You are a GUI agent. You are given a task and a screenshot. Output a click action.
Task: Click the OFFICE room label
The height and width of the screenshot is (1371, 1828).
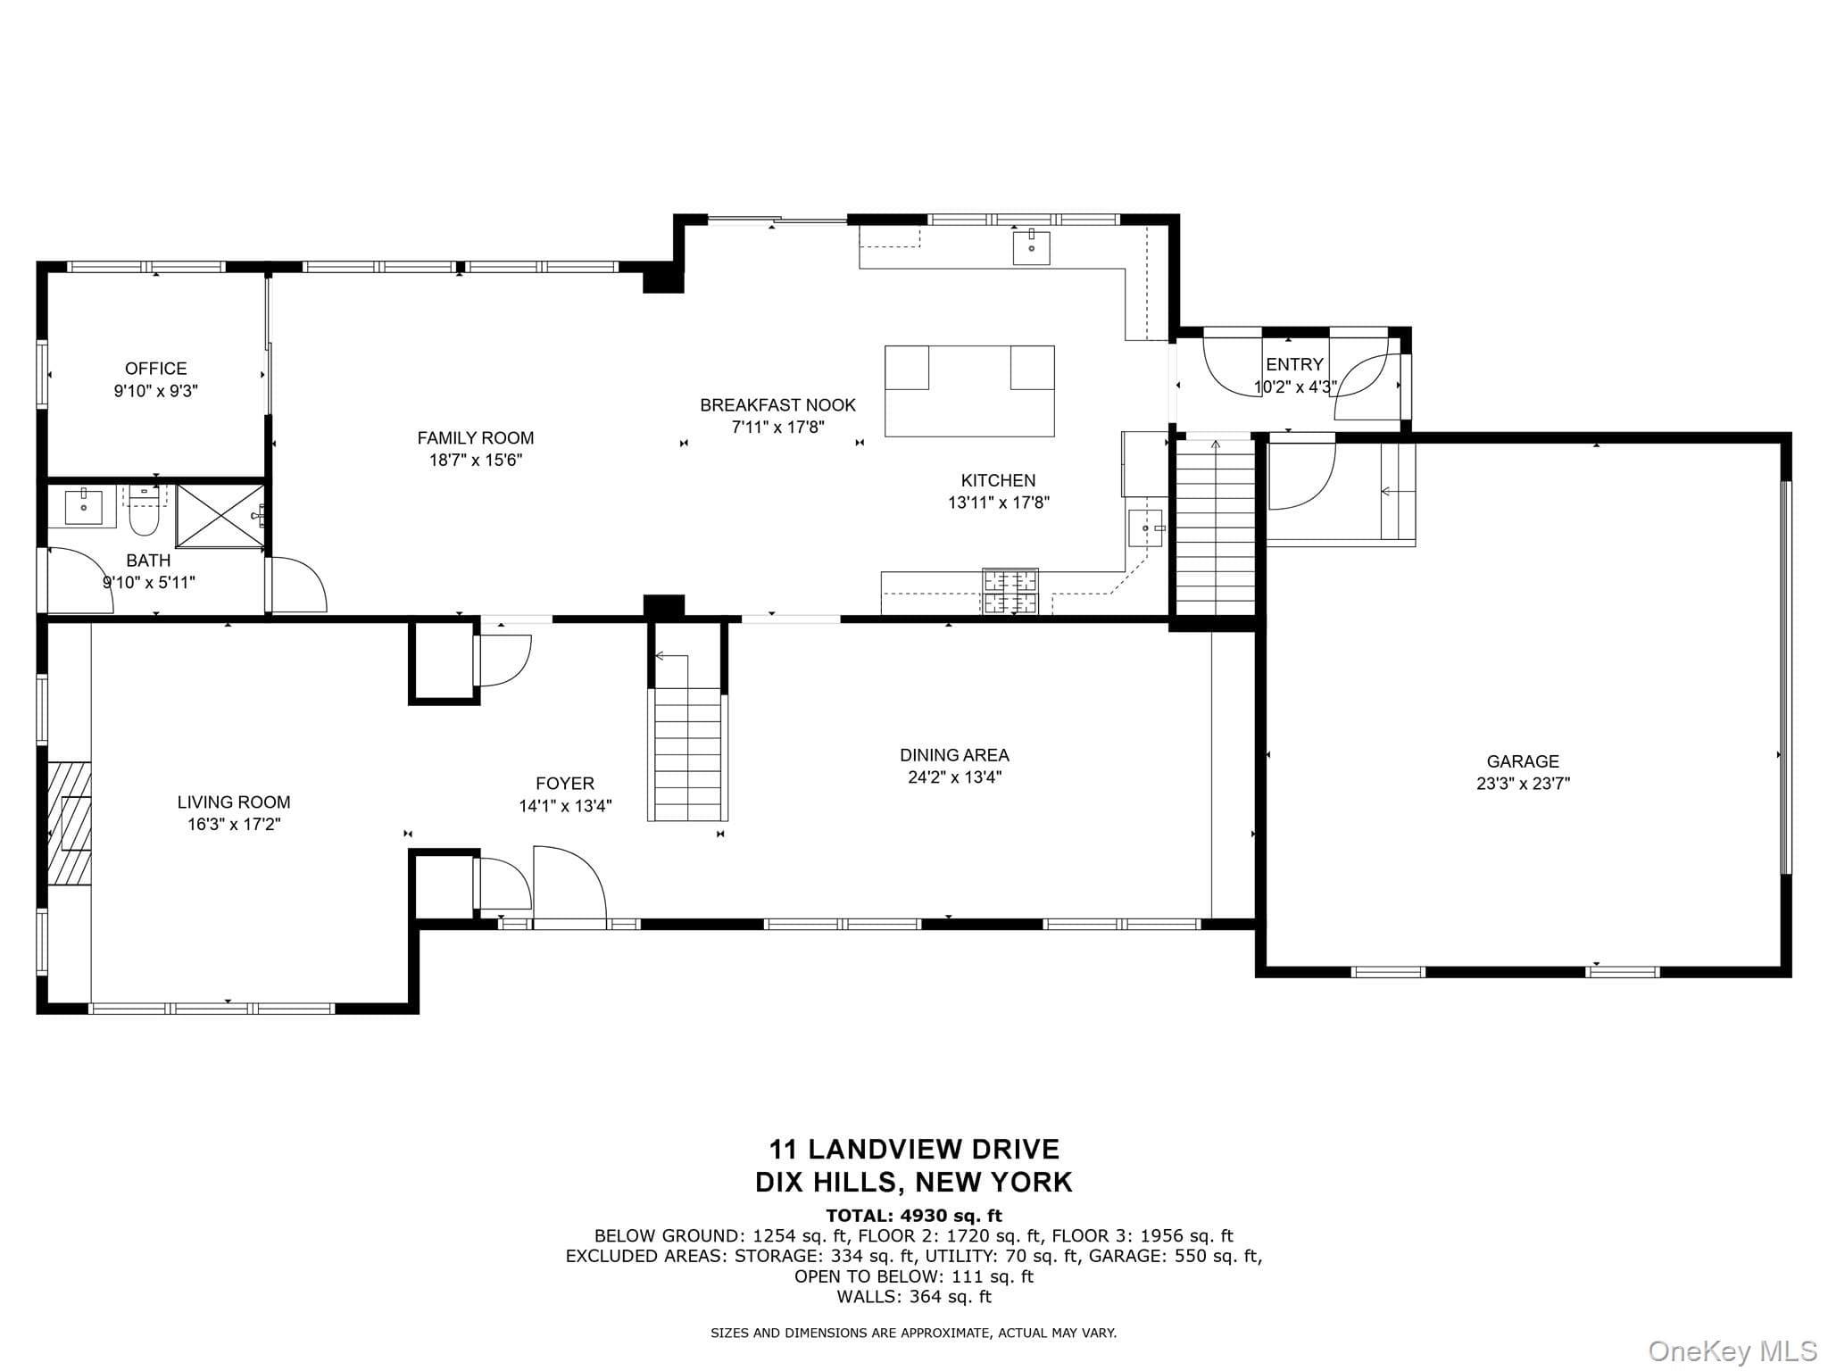[156, 369]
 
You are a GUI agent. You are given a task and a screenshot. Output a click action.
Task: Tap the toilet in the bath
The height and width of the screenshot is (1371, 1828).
[144, 511]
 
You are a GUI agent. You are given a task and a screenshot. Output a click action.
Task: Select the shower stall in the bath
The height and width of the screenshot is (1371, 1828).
[220, 516]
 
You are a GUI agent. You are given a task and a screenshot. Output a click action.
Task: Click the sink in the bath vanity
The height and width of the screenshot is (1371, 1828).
[84, 506]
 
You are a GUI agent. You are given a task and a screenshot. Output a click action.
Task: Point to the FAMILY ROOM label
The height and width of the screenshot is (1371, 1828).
[476, 438]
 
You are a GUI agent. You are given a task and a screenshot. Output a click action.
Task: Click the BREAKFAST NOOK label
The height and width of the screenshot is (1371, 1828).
[777, 405]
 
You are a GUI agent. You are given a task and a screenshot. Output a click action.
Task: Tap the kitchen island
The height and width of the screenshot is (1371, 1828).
[969, 391]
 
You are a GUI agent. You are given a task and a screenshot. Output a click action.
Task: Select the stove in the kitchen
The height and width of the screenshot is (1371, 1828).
[1010, 591]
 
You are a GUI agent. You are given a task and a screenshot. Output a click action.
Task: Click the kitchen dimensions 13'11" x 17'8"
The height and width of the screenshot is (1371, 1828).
[999, 503]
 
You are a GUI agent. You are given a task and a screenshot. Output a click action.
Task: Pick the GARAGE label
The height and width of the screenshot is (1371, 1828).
[1523, 761]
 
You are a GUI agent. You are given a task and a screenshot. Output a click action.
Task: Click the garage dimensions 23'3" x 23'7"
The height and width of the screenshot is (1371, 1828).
[1523, 784]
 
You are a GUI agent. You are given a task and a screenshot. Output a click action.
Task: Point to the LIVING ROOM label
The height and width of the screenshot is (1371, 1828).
[234, 802]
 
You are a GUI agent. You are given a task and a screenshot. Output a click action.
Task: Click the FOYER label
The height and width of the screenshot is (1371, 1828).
[565, 784]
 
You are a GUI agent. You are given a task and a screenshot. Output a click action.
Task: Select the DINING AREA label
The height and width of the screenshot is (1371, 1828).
[954, 755]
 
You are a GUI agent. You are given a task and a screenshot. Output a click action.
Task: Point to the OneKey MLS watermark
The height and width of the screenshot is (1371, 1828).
[1732, 1351]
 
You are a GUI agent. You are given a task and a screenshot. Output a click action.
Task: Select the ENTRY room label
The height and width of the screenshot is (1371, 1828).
[1294, 365]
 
